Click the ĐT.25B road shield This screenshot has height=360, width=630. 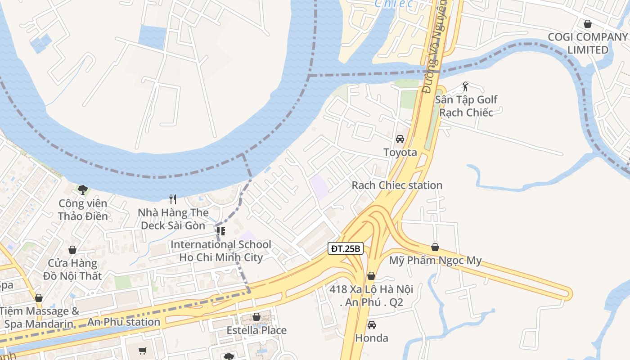point(345,248)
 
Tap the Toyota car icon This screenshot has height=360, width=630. point(400,139)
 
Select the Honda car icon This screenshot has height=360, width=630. point(371,324)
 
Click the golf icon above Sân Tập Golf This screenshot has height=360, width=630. point(466,86)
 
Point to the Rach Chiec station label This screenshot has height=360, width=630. point(397,185)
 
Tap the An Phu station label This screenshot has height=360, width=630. point(124,322)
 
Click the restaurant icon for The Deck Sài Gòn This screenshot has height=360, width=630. point(173,199)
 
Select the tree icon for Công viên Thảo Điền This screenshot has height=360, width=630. point(82,190)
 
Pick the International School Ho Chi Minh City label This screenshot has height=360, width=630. point(220,251)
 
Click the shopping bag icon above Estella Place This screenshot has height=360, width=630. point(256,317)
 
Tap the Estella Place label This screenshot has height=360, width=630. point(256,330)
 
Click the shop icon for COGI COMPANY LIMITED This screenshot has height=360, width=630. point(587,23)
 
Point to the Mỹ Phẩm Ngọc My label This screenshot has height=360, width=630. point(435,261)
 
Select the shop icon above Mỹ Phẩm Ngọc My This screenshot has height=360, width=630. point(435,247)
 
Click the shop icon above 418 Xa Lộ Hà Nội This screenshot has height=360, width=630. point(371,276)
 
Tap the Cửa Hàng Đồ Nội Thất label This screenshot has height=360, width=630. point(72,269)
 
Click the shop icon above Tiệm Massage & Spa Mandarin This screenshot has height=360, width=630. point(39,298)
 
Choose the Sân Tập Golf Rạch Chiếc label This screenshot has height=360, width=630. point(466,106)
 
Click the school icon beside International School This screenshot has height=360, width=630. point(220,231)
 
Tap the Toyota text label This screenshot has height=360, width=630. point(400,153)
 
